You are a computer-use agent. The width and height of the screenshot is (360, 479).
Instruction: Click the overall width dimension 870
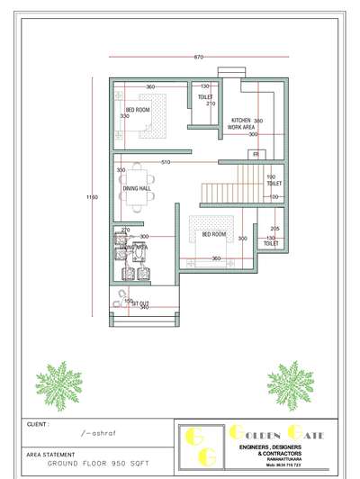click(198, 57)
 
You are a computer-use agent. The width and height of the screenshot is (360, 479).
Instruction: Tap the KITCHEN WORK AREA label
click(241, 123)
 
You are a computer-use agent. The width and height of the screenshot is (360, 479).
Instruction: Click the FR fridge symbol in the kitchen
click(256, 155)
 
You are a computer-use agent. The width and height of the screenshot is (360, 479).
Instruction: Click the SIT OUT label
click(140, 304)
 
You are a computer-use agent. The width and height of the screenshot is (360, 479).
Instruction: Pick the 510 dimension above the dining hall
click(191, 162)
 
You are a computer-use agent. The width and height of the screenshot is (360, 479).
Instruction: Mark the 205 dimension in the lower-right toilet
click(274, 229)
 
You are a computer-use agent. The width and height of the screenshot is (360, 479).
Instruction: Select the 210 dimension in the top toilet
click(211, 104)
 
